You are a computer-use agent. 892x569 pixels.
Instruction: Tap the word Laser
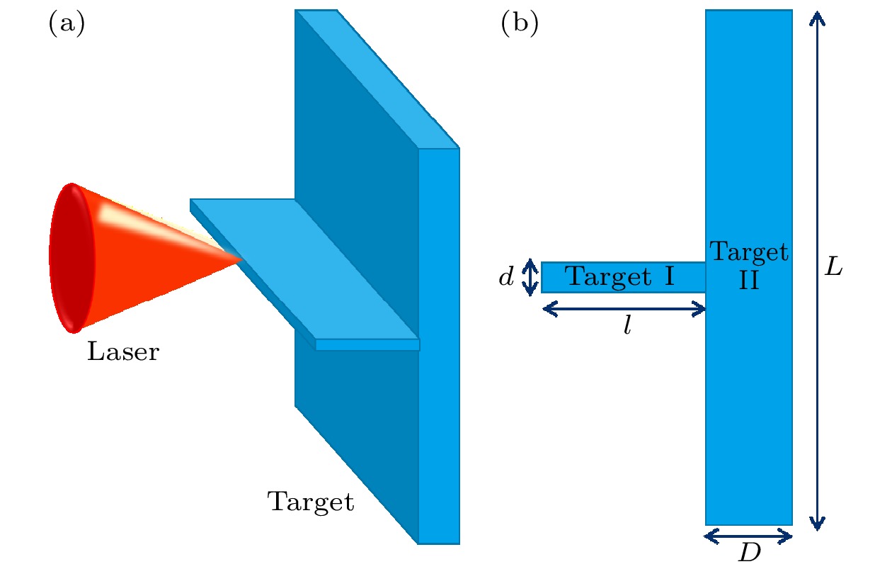(123, 351)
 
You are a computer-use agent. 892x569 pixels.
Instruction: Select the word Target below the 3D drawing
(310, 502)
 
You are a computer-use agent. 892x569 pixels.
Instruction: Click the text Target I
(620, 277)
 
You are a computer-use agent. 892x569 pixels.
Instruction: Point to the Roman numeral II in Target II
(749, 281)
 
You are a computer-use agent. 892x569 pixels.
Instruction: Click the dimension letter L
(835, 269)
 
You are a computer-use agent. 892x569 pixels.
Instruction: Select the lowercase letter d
(505, 278)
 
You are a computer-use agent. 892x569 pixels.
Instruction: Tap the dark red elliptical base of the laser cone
(71, 258)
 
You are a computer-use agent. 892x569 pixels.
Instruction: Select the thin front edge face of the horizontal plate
(367, 345)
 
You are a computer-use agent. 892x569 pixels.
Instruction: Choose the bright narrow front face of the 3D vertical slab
(439, 425)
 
